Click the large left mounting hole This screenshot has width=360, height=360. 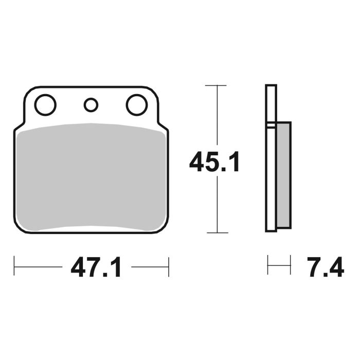coord(45,105)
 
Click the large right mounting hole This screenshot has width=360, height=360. coord(137,105)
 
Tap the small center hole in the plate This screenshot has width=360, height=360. coord(91,105)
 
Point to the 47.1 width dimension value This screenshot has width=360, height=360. coord(97,268)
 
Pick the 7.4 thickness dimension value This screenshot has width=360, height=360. coord(325,268)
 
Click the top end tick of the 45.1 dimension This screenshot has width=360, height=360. coord(215,85)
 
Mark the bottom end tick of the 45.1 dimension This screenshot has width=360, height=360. coord(215,233)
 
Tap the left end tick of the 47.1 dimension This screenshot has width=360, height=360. coord(14,267)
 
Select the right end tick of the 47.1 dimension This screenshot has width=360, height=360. coord(169,267)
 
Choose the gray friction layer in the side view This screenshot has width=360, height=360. coord(284,175)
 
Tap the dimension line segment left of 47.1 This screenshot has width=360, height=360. coord(39,267)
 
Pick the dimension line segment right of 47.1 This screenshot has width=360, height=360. coord(149,267)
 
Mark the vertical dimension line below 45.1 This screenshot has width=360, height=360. coord(215,206)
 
